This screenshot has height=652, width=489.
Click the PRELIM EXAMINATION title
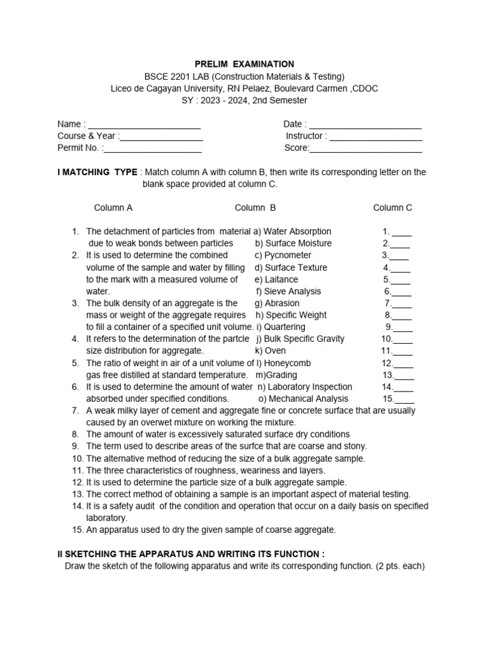(x=244, y=64)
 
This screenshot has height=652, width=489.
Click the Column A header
(x=113, y=208)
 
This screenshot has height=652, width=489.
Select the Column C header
(x=392, y=208)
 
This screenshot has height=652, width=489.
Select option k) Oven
(x=271, y=351)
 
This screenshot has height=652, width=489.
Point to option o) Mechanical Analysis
(x=304, y=399)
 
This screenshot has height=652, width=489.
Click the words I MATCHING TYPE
(x=97, y=172)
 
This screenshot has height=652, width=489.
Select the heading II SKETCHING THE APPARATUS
(x=191, y=554)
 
